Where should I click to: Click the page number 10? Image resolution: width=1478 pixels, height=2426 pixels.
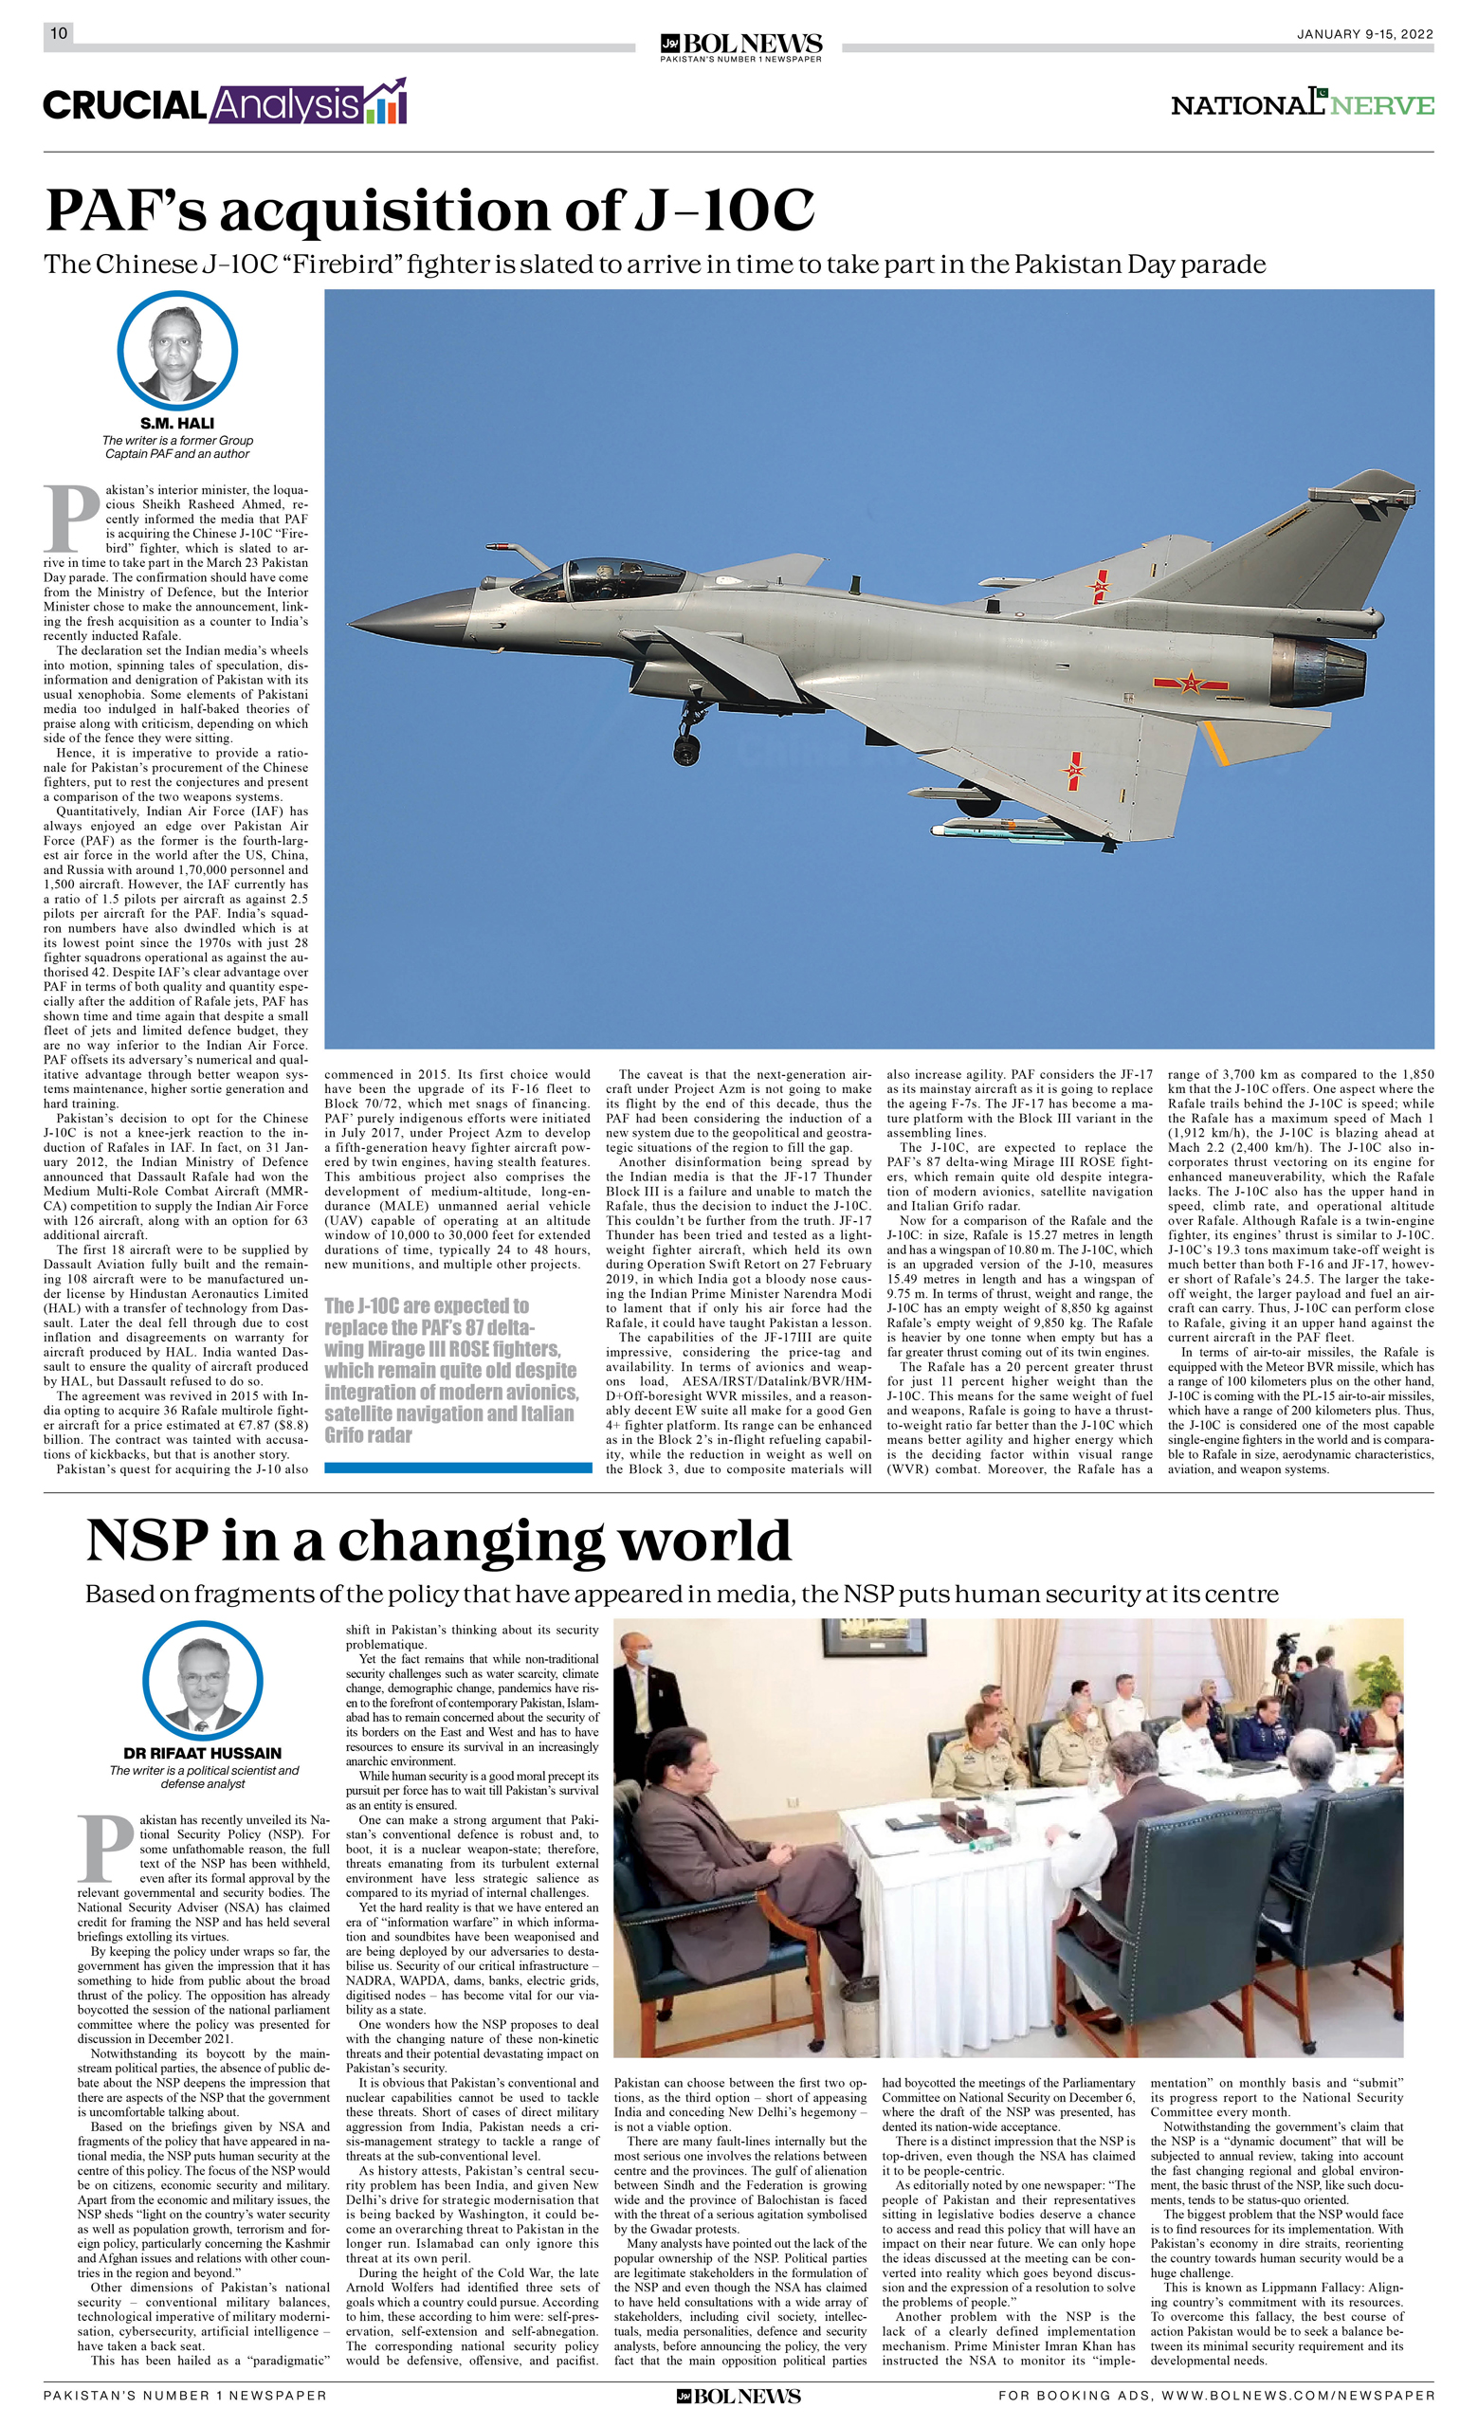58,33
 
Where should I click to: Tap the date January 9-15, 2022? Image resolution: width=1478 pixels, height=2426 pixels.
1364,34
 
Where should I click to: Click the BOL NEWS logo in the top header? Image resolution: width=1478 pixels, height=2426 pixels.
740,46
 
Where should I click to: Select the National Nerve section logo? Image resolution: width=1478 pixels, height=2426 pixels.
1302,104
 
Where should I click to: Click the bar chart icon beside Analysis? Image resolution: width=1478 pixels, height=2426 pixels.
385,102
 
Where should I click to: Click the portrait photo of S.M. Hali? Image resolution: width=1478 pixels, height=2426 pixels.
177,351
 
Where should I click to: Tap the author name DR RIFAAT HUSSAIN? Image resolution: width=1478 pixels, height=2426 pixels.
203,1754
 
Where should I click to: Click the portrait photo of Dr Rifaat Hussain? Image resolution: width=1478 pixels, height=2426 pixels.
203,1683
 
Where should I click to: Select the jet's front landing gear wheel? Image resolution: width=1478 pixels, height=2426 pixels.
686,750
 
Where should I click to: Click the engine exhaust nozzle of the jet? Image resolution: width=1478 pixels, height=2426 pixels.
1320,671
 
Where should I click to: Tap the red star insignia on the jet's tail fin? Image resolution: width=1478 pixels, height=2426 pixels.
1100,588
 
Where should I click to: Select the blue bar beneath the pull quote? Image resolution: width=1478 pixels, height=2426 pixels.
458,1468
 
